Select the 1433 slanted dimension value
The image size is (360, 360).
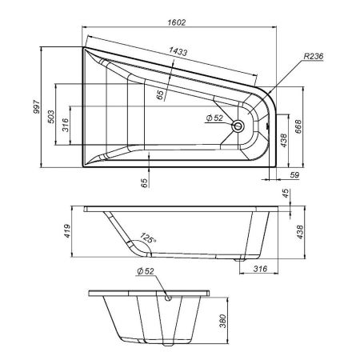tap(178, 52)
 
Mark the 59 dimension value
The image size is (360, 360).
tap(294, 174)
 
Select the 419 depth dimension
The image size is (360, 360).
tap(69, 230)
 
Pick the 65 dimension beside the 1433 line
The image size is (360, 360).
tap(161, 94)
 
